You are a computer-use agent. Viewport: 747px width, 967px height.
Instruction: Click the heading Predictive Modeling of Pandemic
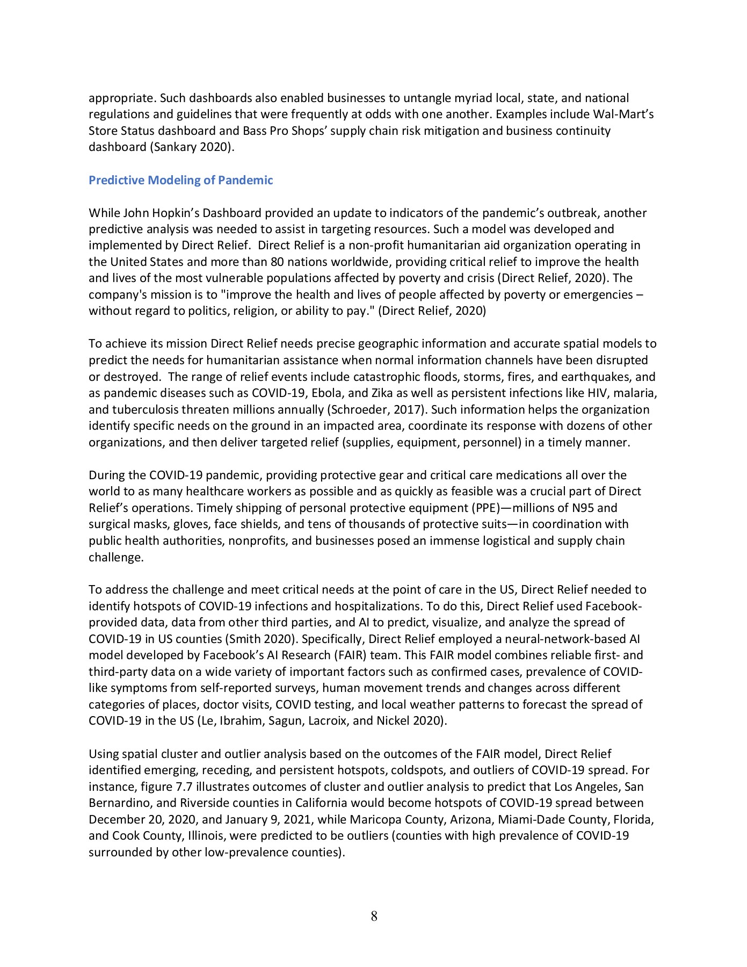click(180, 180)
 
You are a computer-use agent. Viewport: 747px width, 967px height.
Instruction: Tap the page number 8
click(374, 916)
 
